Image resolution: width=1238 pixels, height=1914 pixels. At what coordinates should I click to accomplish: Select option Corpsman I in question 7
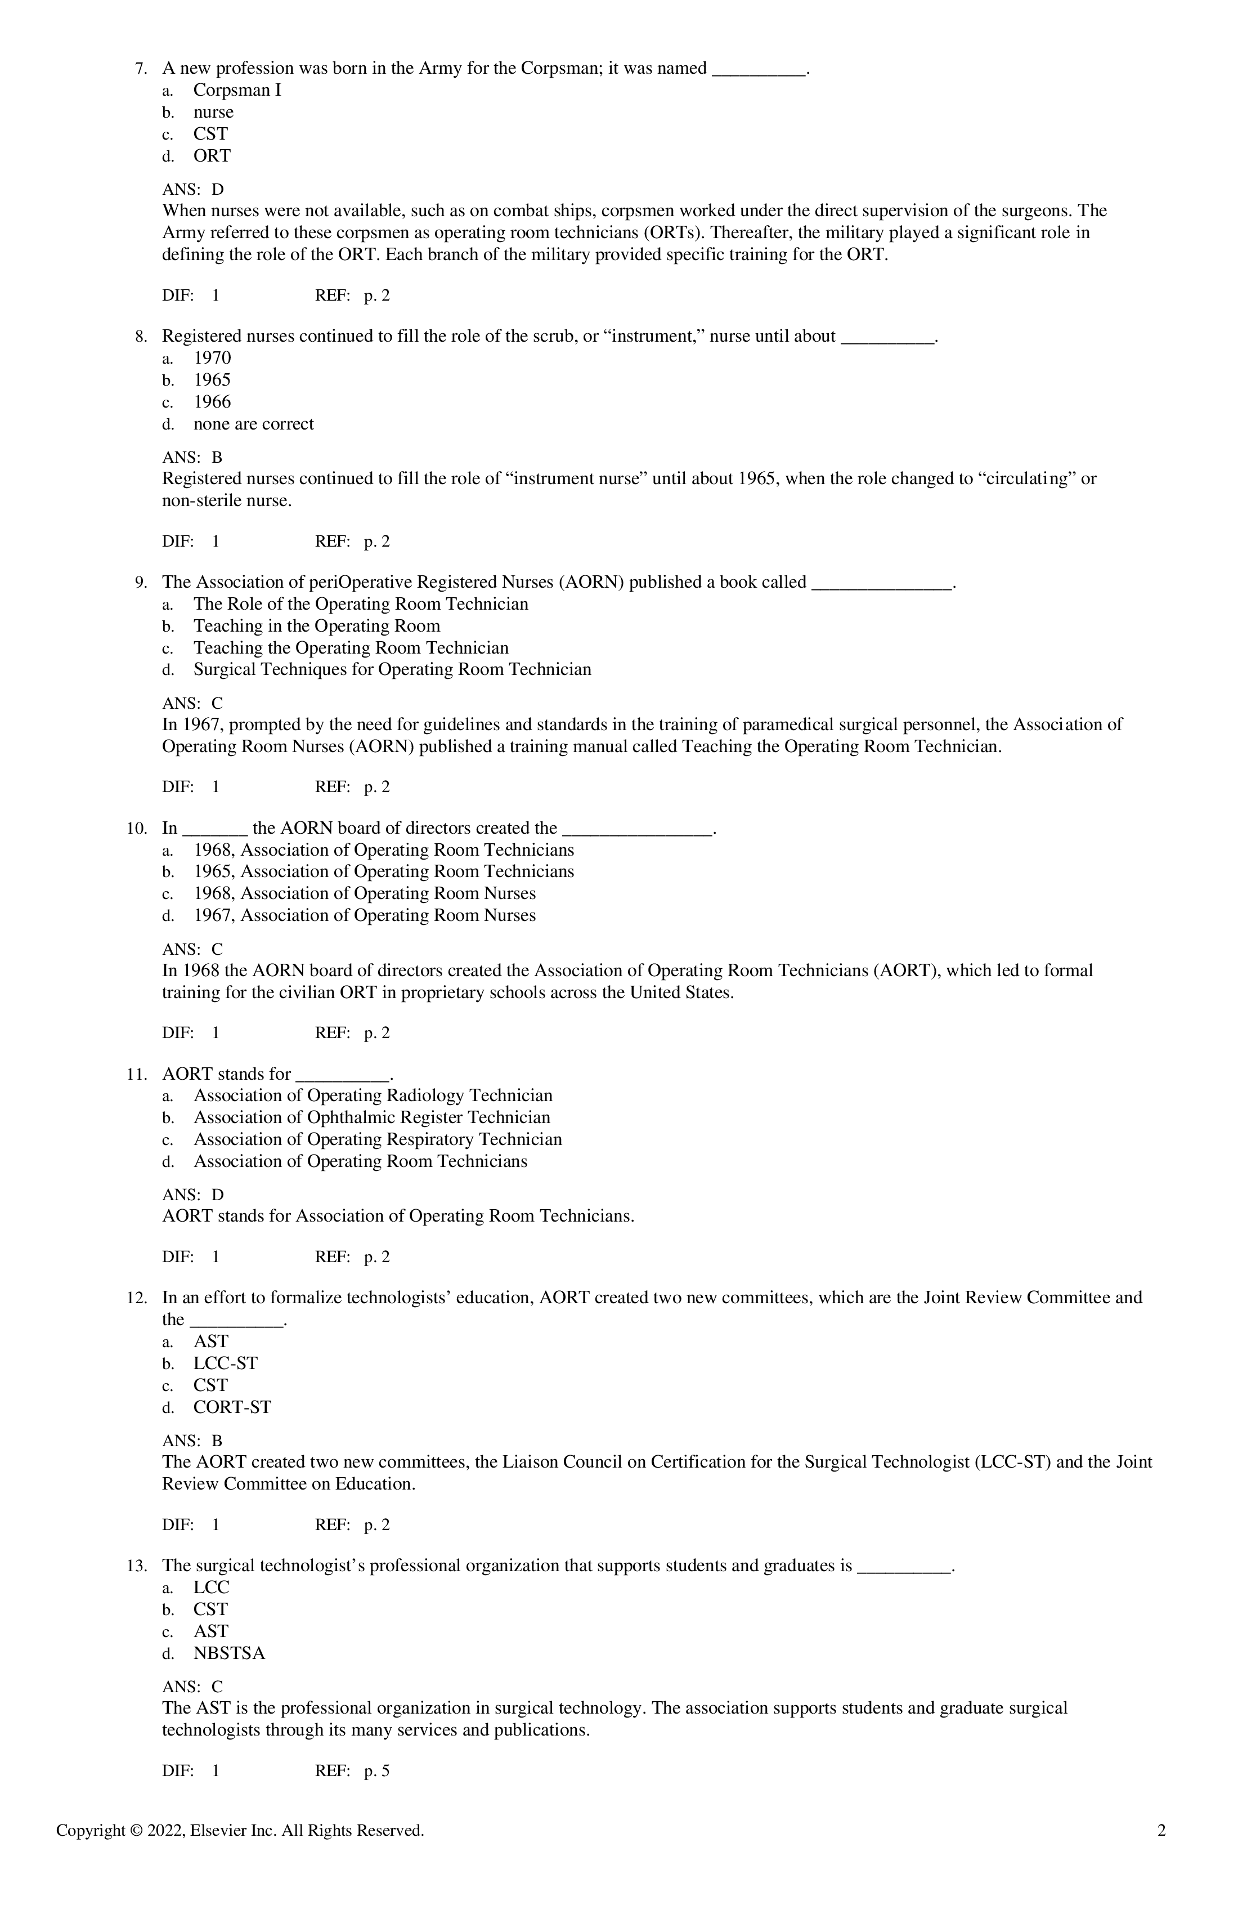click(x=237, y=91)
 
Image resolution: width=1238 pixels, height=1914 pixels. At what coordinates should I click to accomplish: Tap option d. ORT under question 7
click(x=212, y=156)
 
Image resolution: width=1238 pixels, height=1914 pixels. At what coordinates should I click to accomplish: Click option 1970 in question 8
click(x=212, y=359)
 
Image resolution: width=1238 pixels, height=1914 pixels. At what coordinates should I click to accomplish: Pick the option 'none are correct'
click(x=253, y=424)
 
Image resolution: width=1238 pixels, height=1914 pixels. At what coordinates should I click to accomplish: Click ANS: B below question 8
click(x=193, y=458)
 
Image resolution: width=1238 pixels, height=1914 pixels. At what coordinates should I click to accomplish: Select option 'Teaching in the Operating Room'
click(x=317, y=627)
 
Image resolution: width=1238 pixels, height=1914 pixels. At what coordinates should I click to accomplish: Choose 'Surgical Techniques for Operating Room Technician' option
click(x=392, y=670)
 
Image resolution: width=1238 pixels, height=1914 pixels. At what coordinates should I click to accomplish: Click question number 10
click(x=137, y=828)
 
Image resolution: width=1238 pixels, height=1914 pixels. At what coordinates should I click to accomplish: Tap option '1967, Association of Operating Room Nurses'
click(x=364, y=916)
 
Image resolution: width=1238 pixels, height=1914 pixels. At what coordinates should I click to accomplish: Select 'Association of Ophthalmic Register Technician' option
click(x=371, y=1118)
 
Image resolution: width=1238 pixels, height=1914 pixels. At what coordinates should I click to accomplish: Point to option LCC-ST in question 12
click(x=225, y=1364)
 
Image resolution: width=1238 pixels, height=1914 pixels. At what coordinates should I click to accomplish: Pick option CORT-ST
click(x=232, y=1407)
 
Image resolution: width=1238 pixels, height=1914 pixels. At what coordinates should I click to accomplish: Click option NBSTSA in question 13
click(x=229, y=1653)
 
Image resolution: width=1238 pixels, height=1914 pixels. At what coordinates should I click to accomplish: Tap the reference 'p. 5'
click(x=376, y=1771)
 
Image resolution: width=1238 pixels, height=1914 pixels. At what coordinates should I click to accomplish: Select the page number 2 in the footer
click(x=1161, y=1831)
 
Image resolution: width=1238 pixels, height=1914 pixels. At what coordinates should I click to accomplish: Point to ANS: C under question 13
click(x=193, y=1687)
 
